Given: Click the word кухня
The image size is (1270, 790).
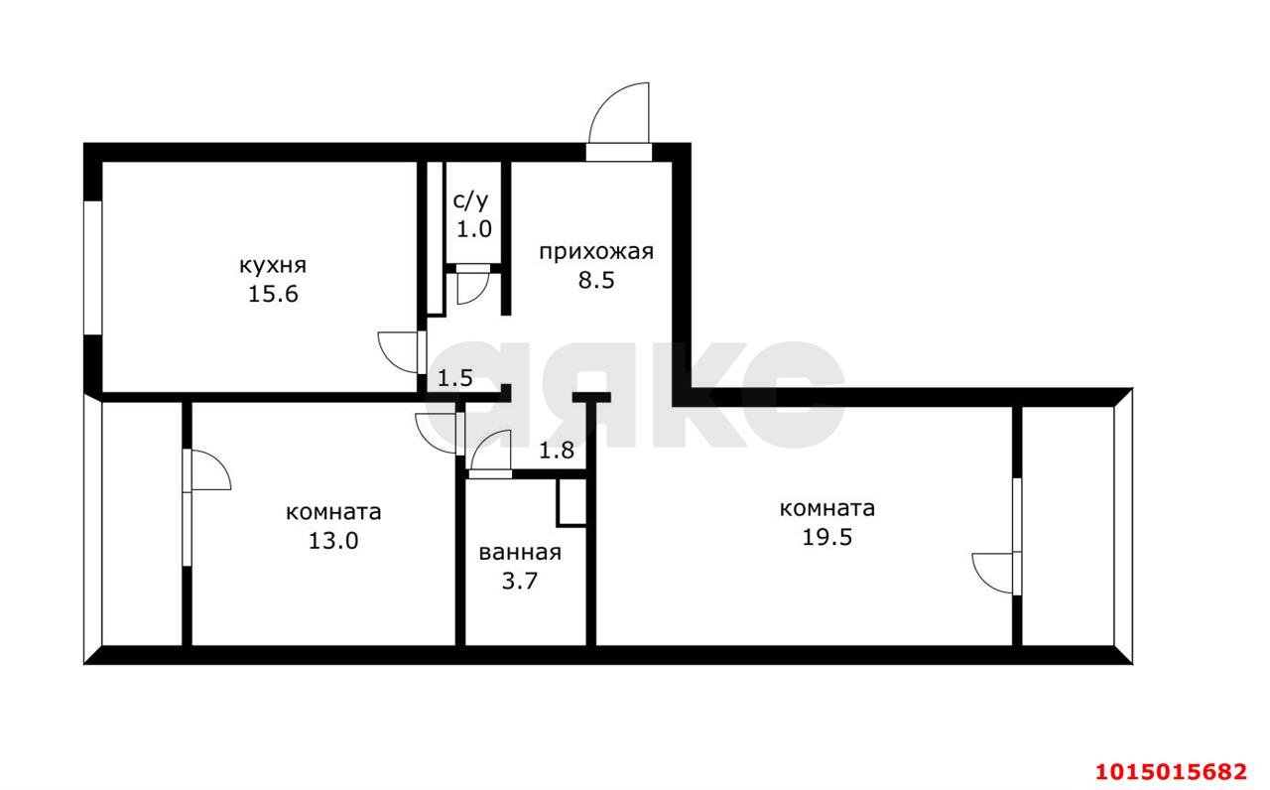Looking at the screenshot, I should tap(272, 266).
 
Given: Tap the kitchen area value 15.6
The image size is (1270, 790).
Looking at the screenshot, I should tap(272, 295).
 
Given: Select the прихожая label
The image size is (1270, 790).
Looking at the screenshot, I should tap(596, 251).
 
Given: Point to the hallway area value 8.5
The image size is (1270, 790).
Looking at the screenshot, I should tap(596, 280).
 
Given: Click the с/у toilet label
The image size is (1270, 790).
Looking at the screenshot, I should tap(471, 201).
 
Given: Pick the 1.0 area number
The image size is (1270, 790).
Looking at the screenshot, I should tap(473, 229).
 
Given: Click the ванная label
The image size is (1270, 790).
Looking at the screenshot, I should tap(520, 554).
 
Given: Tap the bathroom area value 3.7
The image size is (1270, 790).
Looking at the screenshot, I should tap(520, 583).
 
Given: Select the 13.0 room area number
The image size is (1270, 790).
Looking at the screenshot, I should tap(333, 541).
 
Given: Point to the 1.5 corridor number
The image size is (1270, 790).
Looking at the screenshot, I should tap(455, 377).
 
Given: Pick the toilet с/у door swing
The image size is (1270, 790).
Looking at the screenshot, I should tap(469, 288).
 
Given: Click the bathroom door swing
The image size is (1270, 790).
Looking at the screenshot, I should tap(490, 451).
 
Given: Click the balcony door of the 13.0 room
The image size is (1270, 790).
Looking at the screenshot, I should tap(208, 470).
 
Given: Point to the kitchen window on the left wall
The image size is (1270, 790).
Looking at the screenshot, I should tap(92, 268).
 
